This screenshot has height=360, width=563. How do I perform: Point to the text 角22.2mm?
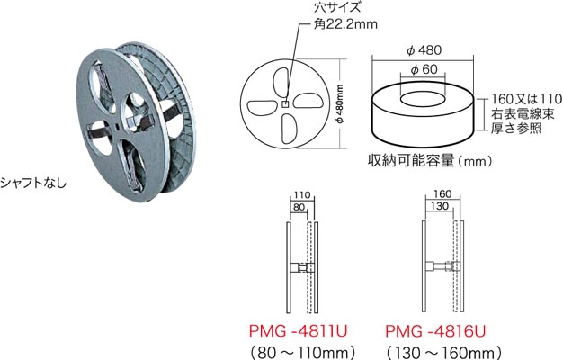click(322, 26)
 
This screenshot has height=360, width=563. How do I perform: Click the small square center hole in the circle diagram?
click(285, 104)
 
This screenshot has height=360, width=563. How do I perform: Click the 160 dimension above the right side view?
click(442, 193)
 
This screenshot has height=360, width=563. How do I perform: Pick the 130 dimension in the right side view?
click(440, 206)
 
